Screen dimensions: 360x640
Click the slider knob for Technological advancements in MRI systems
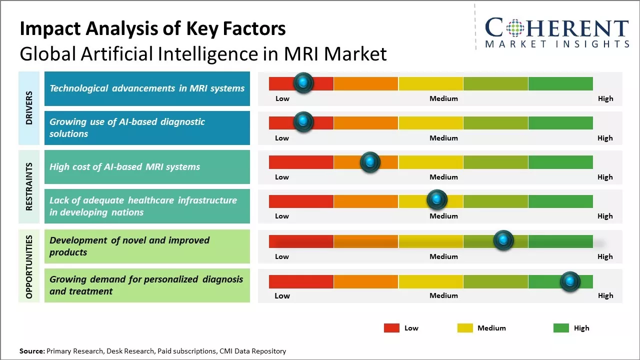tap(303, 83)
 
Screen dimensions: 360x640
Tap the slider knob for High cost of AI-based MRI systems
tap(370, 162)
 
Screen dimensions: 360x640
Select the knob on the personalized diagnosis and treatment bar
tap(570, 281)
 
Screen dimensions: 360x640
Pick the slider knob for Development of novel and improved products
tap(503, 240)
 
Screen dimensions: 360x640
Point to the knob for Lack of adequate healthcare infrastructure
tap(437, 200)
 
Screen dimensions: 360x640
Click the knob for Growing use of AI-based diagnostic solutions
tap(303, 122)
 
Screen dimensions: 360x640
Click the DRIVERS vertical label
tap(29, 108)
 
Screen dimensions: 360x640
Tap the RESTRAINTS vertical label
tap(29, 186)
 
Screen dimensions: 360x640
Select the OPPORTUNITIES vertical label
tap(29, 266)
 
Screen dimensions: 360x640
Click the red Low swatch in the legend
tap(391, 328)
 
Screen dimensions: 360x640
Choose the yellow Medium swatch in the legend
tap(465, 328)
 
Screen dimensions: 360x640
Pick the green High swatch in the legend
tap(561, 328)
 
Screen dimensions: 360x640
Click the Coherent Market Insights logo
tap(556, 32)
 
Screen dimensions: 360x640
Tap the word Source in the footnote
tap(31, 351)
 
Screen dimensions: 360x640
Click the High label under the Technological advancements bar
tap(605, 98)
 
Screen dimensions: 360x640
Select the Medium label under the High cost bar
tap(443, 177)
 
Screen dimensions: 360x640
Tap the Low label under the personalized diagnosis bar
tap(282, 295)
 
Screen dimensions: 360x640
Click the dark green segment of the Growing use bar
tap(560, 123)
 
